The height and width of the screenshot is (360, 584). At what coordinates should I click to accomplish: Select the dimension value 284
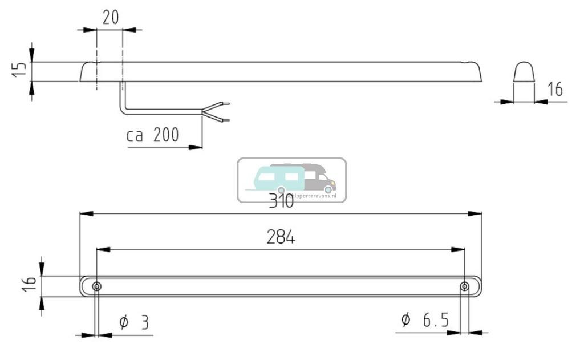pos(281,238)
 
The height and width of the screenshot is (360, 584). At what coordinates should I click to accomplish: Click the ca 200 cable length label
pos(152,135)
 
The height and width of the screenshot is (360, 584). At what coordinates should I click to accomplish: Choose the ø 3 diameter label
pos(134,323)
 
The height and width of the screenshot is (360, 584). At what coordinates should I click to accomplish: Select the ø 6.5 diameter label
pos(425,321)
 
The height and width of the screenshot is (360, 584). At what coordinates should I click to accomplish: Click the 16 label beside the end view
pos(554,90)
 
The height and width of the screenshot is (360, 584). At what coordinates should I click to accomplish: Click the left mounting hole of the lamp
pos(97,286)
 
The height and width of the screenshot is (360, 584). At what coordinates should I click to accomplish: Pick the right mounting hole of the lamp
pos(465,286)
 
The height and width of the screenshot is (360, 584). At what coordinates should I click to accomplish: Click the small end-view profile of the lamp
pos(524,73)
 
